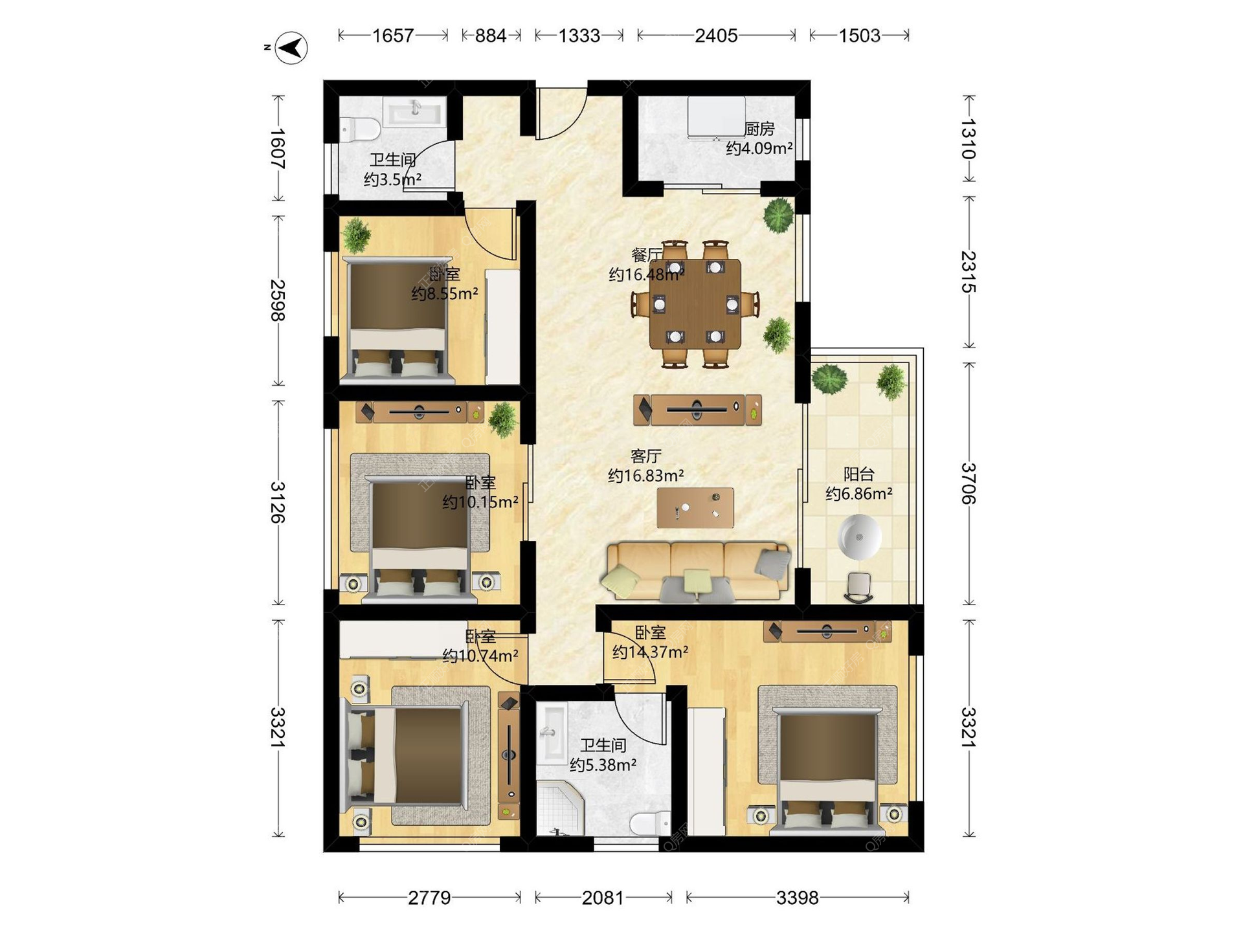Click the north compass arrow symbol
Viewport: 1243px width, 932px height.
(291, 47)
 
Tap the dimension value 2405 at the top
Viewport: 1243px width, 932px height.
(716, 36)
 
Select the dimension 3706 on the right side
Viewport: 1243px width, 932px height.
(969, 483)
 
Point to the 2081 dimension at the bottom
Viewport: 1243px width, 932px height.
(603, 898)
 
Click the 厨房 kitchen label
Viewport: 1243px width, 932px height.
(759, 129)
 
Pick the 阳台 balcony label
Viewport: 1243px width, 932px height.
(859, 474)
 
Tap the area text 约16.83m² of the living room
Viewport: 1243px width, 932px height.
(646, 476)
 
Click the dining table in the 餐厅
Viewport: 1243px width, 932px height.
(695, 304)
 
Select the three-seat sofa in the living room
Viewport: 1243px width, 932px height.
(697, 571)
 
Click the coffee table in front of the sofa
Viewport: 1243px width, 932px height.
(695, 507)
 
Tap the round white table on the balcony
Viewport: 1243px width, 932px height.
(860, 537)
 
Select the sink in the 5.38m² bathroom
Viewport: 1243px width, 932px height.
(553, 733)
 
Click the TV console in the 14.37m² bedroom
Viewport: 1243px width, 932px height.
(827, 631)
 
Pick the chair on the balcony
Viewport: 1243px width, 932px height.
(858, 587)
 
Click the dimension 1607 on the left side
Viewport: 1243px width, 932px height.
(278, 149)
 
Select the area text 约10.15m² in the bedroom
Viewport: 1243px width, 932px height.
(480, 502)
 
